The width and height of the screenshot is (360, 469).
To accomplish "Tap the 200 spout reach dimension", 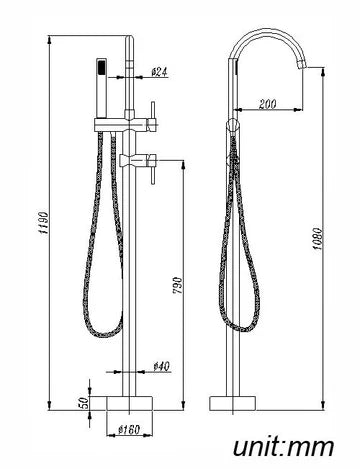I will point(267,102).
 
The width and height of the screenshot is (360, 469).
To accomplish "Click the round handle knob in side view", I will point(236,125).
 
